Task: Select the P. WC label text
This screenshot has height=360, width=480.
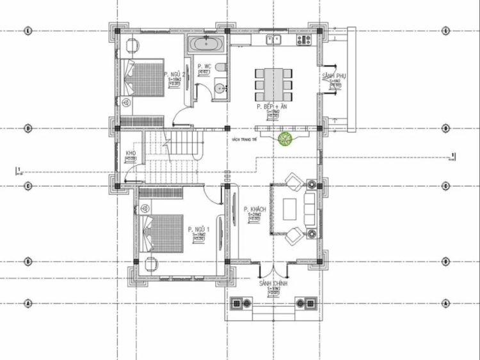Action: tap(204, 67)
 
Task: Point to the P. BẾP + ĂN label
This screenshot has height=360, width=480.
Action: tap(271, 107)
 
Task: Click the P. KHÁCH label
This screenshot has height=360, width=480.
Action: tap(254, 209)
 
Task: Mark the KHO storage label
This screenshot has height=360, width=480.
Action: tap(131, 153)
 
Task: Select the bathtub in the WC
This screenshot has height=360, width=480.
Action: tap(207, 45)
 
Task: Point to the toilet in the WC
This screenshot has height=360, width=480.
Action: tap(219, 68)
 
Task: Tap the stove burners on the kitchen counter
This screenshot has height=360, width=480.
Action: tap(303, 40)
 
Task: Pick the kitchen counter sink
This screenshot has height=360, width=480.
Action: tap(275, 40)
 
